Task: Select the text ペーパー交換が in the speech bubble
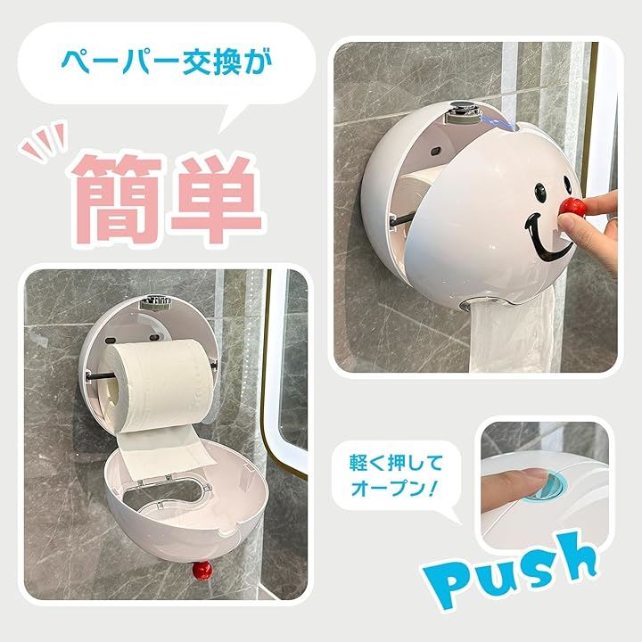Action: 167,62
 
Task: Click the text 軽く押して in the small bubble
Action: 396,463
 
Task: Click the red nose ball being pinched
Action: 572,207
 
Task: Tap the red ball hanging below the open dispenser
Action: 202,571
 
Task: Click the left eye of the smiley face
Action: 540,192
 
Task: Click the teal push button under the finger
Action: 548,486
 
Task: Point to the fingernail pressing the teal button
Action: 534,477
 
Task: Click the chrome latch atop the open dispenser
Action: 155,303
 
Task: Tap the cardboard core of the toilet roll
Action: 111,392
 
